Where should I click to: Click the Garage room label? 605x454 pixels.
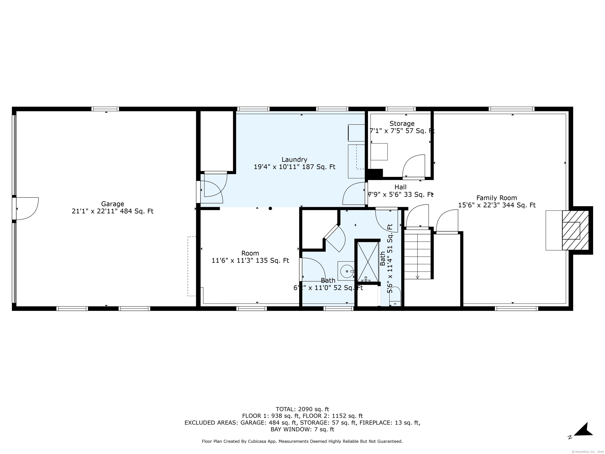[112, 204]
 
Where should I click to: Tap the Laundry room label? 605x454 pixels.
[294, 160]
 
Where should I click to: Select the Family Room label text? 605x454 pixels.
[497, 198]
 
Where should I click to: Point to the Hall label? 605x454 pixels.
[400, 187]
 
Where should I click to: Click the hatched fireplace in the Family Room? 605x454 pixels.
[575, 230]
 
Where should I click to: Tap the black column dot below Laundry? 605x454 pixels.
[270, 208]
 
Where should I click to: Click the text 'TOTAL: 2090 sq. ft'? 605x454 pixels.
[302, 409]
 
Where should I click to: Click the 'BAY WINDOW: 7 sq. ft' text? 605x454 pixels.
[302, 429]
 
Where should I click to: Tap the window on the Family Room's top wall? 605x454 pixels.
[511, 109]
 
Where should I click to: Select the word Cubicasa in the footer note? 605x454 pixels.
[257, 441]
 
